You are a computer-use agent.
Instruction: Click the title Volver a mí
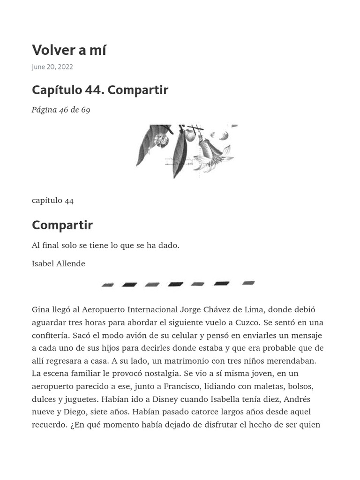point(69,50)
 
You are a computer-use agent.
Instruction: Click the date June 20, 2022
point(52,67)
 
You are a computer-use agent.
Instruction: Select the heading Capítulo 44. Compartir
point(100,90)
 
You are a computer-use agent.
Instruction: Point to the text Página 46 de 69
point(61,110)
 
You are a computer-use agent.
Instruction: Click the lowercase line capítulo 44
point(52,200)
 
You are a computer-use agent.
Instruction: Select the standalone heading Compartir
point(62,225)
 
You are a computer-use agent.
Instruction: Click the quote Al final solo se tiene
point(105,245)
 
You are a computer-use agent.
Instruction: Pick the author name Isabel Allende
point(59,263)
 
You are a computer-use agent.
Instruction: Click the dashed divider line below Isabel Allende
point(178,284)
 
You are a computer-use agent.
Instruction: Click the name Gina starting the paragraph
point(40,310)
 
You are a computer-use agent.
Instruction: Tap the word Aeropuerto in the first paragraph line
point(103,310)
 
